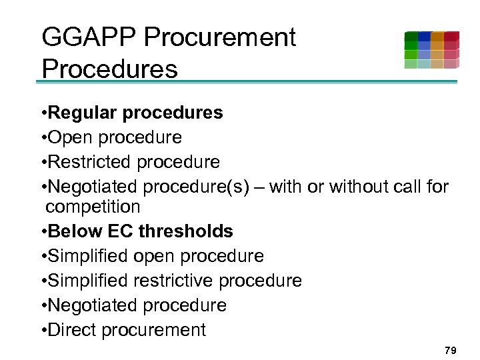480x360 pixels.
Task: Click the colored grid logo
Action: click(x=431, y=50)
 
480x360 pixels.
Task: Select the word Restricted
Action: click(x=90, y=162)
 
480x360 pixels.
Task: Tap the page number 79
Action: click(x=451, y=350)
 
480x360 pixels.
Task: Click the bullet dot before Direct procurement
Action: click(x=43, y=331)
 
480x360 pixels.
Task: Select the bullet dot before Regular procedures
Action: click(x=43, y=113)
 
